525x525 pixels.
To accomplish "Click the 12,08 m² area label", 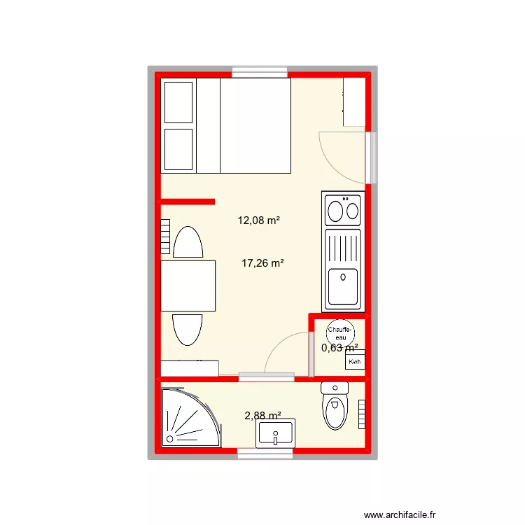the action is (258, 220).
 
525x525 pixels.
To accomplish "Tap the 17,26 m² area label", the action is (262, 263).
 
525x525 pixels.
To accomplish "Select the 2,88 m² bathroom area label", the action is (262, 416).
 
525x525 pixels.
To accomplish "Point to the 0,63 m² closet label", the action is (339, 348).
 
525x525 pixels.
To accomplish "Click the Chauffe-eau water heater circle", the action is (340, 333).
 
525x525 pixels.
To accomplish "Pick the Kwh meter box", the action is (355, 359).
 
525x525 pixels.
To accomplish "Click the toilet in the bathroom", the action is (335, 406).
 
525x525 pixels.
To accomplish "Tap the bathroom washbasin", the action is (275, 433).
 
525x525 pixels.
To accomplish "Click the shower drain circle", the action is (170, 439).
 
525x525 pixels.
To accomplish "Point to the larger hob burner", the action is (335, 211).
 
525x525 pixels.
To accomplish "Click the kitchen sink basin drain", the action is (343, 277).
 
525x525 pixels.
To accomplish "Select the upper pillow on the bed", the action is (178, 102).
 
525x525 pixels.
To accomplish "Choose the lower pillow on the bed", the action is (178, 149).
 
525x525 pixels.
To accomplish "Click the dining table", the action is (188, 286).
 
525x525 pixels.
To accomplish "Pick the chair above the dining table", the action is (188, 241).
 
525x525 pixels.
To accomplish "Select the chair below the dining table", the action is (188, 330).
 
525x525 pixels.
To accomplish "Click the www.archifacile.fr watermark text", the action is (400, 514).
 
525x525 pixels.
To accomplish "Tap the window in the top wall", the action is (260, 73).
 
